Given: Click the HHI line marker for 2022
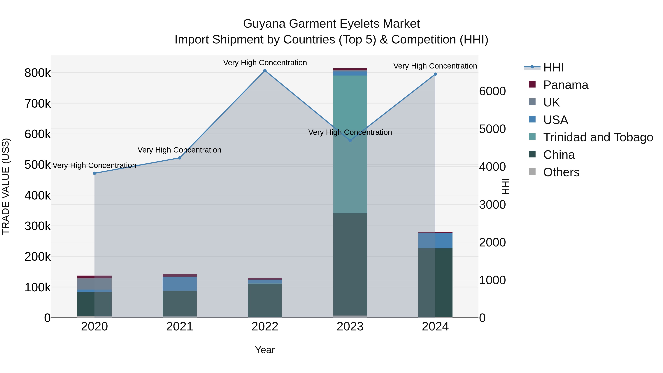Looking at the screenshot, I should (265, 71).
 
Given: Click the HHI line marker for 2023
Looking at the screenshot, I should (350, 141).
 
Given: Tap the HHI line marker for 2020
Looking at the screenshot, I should (94, 174).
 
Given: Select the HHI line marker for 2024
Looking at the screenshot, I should (435, 74).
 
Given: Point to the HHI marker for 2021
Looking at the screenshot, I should (180, 158).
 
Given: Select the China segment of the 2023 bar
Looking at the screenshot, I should (350, 264).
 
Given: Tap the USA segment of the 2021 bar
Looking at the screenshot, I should (180, 284).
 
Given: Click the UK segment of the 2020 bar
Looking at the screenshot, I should (94, 284).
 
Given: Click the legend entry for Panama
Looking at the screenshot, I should (565, 85).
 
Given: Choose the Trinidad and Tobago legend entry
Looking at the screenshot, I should (598, 137).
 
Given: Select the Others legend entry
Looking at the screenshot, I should (561, 172).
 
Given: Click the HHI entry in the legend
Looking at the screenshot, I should (553, 67).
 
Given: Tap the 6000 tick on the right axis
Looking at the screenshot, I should (492, 91).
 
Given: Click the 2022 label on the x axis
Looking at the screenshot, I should (265, 327).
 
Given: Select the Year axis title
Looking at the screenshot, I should (265, 350).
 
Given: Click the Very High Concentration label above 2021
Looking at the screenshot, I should (179, 150).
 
